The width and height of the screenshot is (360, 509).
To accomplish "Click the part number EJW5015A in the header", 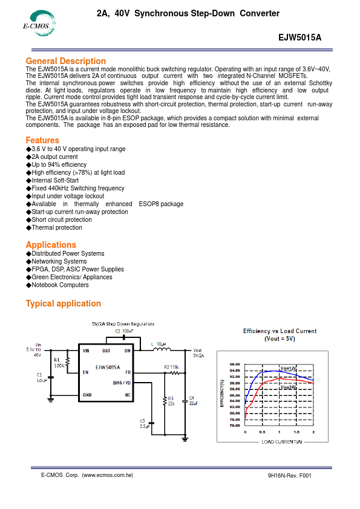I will click(x=299, y=37).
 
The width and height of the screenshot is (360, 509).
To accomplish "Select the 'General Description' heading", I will click(x=65, y=61).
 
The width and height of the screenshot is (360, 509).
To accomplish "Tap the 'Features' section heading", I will click(x=42, y=140).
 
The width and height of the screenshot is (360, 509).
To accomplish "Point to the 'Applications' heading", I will click(x=51, y=245).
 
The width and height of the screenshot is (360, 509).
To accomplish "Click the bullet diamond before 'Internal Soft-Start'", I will click(x=28, y=180).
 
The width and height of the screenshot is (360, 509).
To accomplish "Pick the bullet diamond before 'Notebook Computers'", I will click(x=28, y=285).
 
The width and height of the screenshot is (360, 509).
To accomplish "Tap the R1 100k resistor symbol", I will click(x=67, y=361).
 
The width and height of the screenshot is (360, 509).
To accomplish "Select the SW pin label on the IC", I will click(x=127, y=351).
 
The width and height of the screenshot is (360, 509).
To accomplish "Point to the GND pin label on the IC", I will click(x=87, y=395).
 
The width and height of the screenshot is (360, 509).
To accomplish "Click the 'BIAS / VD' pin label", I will click(x=122, y=383).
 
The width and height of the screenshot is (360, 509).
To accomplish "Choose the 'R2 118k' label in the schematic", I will click(x=171, y=368).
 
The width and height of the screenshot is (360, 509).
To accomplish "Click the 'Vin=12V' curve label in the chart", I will click(x=288, y=368).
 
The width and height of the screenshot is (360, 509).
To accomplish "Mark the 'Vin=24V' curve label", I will click(x=288, y=387).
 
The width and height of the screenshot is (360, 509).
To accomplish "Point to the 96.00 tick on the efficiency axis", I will click(x=235, y=365).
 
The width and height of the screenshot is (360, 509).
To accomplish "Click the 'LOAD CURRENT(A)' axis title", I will click(x=281, y=442).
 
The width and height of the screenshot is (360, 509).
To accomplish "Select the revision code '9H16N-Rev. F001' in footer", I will click(x=289, y=476).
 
